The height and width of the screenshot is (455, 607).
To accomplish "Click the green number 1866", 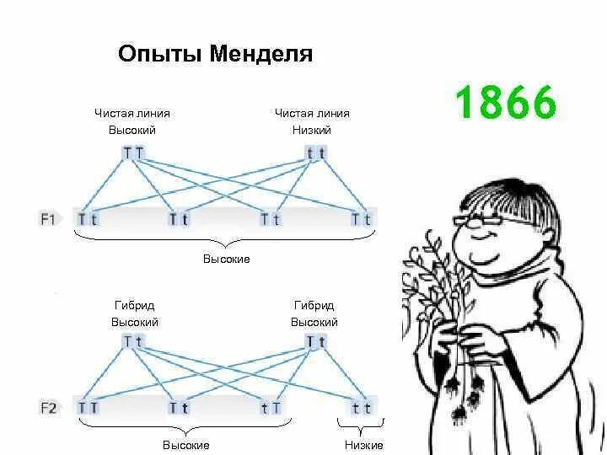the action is [506, 104].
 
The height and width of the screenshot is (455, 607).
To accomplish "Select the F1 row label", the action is [48, 219].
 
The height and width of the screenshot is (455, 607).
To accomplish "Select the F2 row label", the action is [48, 408].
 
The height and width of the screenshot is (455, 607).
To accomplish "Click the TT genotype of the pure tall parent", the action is [133, 153].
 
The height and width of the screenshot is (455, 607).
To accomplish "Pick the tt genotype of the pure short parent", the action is [316, 153].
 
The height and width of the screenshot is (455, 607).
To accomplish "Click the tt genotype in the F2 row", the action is [362, 408].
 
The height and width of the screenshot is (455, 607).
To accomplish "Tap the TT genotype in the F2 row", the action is [88, 408].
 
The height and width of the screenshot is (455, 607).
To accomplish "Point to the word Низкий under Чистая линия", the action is [312, 131].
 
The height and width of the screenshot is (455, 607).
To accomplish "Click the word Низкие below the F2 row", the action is [363, 445].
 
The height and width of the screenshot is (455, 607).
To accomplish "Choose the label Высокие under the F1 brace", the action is [226, 259].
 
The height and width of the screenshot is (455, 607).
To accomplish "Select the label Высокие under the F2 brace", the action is [185, 445].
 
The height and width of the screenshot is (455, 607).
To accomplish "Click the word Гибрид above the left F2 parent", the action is [134, 305].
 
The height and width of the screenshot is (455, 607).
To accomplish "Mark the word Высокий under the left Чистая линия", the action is [132, 131].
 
